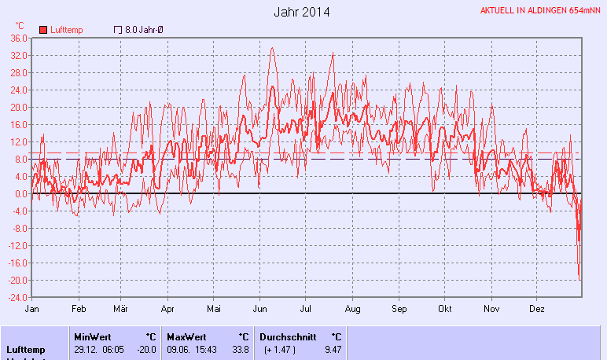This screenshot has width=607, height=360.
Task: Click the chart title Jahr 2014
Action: pyautogui.click(x=302, y=12)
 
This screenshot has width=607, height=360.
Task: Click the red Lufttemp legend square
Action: pyautogui.click(x=43, y=30)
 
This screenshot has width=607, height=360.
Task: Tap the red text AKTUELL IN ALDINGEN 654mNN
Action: pyautogui.click(x=541, y=11)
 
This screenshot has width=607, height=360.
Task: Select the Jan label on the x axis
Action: pyautogui.click(x=32, y=309)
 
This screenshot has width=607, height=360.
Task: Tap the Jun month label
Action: pyautogui.click(x=259, y=309)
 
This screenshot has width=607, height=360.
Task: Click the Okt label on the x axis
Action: pyautogui.click(x=446, y=309)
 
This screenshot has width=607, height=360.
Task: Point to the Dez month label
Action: pyautogui.click(x=537, y=309)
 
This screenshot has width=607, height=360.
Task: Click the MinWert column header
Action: pyautogui.click(x=92, y=336)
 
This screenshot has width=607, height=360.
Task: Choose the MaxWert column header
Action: pyautogui.click(x=186, y=336)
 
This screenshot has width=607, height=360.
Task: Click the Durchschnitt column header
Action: pyautogui.click(x=288, y=336)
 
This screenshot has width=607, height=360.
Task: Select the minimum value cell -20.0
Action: pyautogui.click(x=147, y=349)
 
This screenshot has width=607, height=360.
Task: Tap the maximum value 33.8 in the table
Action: pyautogui.click(x=240, y=349)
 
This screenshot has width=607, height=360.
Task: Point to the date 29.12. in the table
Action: pyautogui.click(x=85, y=349)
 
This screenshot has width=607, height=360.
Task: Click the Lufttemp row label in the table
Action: pyautogui.click(x=26, y=349)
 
